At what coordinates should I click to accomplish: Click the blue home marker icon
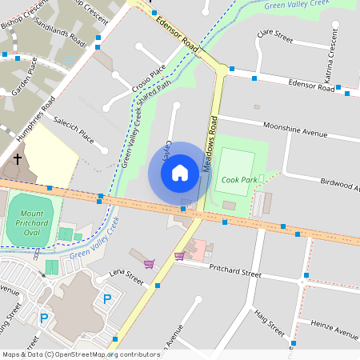180,172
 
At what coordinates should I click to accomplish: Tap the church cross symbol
18,160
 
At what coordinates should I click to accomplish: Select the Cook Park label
239,180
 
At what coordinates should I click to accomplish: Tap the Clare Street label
274,36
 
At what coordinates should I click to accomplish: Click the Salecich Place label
74,132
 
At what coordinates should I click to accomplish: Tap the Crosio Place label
150,79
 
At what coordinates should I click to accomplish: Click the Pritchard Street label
234,273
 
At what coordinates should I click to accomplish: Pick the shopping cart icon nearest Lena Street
149,263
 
